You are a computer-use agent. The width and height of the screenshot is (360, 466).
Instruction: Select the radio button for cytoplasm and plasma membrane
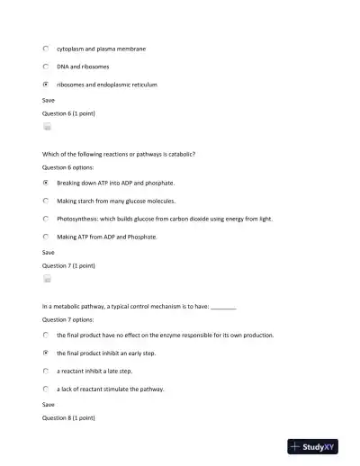(x=46, y=49)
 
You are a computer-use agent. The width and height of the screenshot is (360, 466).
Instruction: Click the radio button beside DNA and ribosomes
(x=46, y=67)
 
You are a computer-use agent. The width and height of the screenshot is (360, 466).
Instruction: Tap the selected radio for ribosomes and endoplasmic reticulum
(x=46, y=85)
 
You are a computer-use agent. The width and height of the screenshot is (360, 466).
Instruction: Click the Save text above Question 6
(x=49, y=100)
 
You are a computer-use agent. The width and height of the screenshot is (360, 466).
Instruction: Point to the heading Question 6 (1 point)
(x=69, y=113)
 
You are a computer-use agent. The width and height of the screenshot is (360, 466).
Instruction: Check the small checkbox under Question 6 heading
(x=47, y=128)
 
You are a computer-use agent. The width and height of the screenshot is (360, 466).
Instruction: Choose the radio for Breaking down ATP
(x=46, y=182)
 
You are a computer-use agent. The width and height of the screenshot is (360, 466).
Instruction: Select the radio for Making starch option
(x=46, y=201)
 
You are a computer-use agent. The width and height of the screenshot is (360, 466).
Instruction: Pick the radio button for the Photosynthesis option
(x=46, y=219)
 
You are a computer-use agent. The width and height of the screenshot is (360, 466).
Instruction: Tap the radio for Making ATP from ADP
(x=46, y=237)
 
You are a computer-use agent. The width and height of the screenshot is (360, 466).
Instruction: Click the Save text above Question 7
(x=49, y=253)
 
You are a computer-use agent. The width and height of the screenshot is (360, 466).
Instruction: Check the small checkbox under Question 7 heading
(x=47, y=280)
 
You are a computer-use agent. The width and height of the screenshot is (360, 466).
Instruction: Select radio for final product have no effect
(x=46, y=335)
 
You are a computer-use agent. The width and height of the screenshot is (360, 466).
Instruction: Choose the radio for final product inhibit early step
(x=46, y=353)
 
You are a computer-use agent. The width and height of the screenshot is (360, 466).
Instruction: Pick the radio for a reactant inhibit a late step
(x=46, y=371)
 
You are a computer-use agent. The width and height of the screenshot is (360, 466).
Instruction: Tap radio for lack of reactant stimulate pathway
(x=46, y=390)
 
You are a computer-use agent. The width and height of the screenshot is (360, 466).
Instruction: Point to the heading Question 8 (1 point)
(x=69, y=418)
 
